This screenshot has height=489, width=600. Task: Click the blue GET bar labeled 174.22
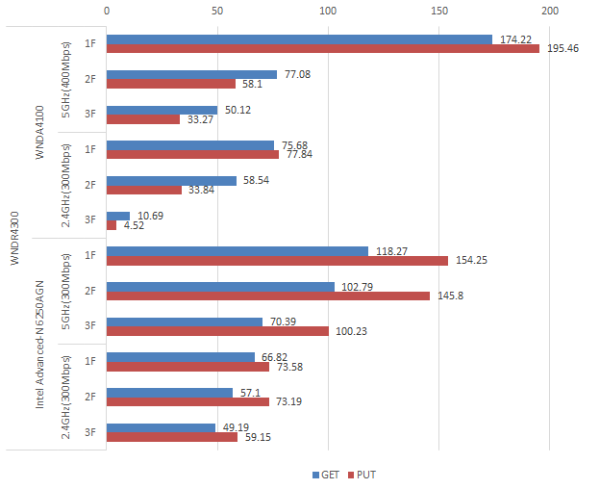(299, 39)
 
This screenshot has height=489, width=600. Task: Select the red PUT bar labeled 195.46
(322, 49)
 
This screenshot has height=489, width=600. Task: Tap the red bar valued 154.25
(277, 261)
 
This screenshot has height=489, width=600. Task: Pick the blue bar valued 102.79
(220, 287)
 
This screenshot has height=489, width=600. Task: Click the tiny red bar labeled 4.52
(112, 225)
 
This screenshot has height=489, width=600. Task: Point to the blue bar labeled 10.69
(118, 216)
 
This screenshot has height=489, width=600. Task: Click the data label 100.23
(350, 331)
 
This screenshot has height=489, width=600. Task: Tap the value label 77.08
(296, 74)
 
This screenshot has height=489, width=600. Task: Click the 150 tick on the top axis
(439, 11)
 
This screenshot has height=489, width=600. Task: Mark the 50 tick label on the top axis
(217, 11)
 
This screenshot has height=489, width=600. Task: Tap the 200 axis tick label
(550, 11)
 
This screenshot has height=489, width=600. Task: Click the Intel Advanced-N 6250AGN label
(41, 344)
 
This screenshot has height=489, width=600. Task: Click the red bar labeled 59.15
(172, 437)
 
